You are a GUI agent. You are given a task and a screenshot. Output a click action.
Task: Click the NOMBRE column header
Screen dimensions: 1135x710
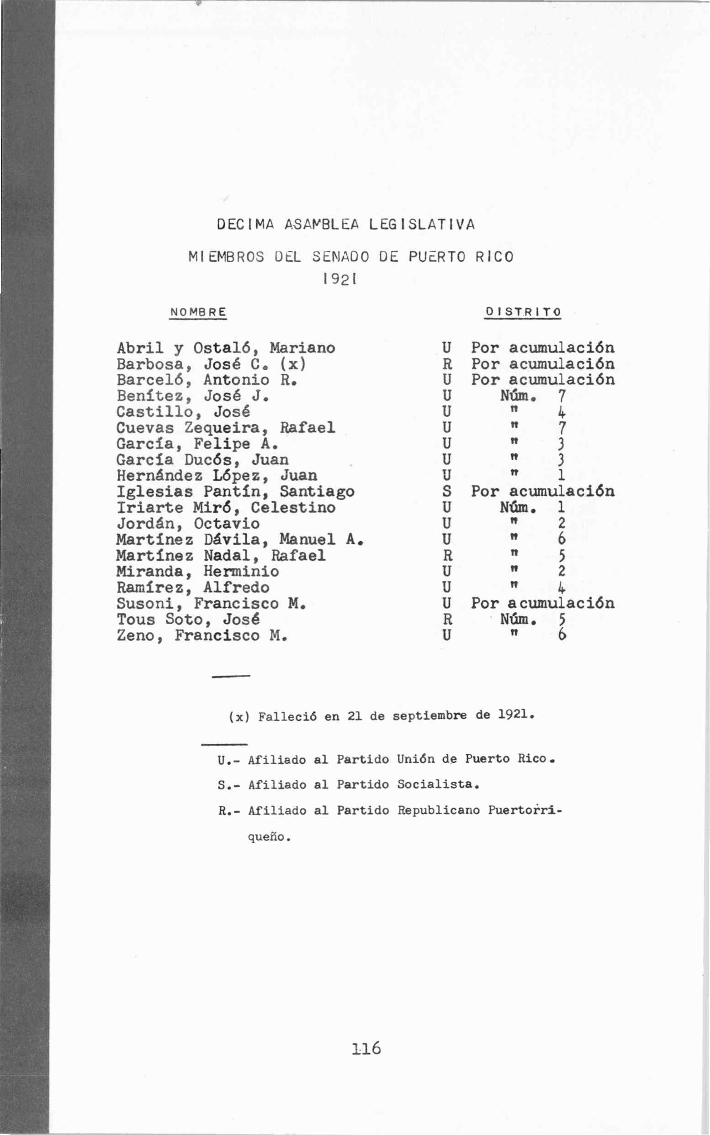coord(198,312)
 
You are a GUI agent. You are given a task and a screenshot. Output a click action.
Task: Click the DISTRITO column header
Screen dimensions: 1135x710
coord(523,312)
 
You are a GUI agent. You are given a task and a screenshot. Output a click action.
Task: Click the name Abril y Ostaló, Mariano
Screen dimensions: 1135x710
coord(226,348)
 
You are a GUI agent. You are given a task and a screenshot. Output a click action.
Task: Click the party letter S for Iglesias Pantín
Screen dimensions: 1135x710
coord(447,492)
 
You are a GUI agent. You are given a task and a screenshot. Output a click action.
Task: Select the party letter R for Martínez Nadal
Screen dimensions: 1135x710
coord(447,556)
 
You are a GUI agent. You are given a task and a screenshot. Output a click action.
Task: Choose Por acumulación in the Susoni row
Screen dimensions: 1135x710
coord(542,603)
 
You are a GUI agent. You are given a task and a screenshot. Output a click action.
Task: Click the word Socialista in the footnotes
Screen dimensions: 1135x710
coord(438,784)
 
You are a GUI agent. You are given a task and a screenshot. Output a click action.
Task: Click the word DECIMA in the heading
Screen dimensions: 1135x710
coord(245,224)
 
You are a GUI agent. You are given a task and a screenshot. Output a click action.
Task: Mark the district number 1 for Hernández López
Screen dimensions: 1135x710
coord(561,476)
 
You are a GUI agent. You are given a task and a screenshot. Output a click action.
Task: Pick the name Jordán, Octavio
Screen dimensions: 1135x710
coord(188,524)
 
